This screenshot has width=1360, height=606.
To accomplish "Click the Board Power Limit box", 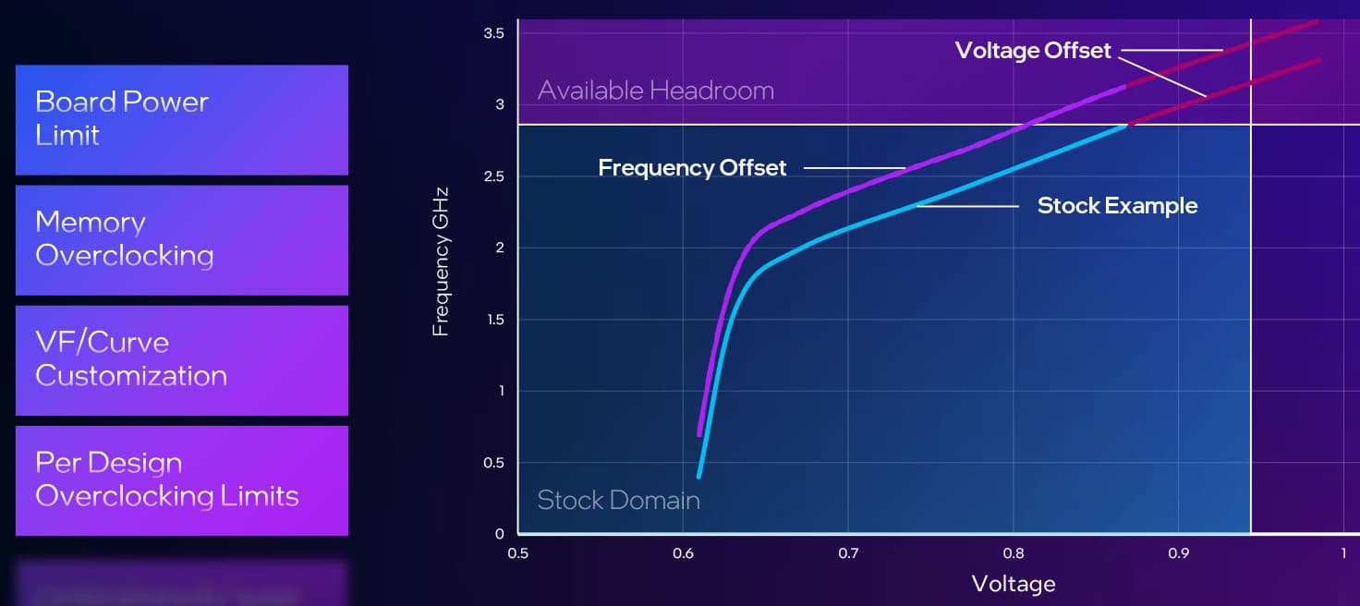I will tap(181, 119).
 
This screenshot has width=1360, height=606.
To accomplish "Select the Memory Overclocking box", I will tap(181, 239).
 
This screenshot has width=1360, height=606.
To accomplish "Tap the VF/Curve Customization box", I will tap(181, 359).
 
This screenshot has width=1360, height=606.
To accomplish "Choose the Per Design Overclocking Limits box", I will tap(181, 479).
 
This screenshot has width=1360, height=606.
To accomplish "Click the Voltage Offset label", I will tap(1032, 50).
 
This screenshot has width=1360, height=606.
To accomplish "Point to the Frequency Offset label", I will tap(692, 168).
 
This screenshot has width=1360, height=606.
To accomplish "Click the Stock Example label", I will tap(1116, 205).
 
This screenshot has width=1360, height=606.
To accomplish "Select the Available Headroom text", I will tap(655, 91).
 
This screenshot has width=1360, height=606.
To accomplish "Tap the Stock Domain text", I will tap(618, 501).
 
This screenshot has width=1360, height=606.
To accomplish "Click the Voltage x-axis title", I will tap(1013, 584).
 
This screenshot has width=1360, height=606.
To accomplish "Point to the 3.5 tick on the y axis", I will tap(493, 33).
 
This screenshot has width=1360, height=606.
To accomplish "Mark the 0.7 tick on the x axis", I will tap(848, 553).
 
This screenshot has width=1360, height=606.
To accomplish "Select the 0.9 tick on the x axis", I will tap(1178, 553).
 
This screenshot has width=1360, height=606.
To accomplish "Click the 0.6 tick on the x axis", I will tap(683, 553).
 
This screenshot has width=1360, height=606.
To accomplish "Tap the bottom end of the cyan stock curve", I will tap(698, 477).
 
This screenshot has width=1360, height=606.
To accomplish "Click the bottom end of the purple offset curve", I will tap(699, 434).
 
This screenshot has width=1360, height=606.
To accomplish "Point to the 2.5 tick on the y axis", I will tap(493, 176).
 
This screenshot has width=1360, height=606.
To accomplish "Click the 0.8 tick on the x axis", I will tap(1014, 553).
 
